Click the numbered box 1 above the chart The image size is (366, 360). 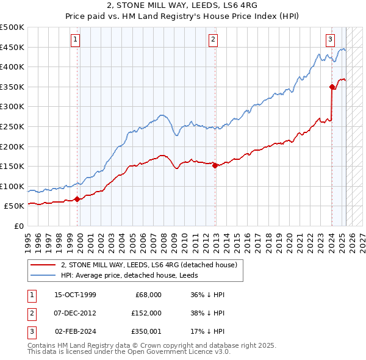[75, 40]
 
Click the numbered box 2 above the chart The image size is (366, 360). [213, 40]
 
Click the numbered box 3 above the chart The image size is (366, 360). [330, 40]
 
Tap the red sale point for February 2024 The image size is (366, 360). [332, 87]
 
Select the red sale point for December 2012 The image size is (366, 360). [215, 165]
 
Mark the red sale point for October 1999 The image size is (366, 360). [77, 199]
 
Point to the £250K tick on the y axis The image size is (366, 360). [13, 126]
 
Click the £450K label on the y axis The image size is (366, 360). [13, 47]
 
